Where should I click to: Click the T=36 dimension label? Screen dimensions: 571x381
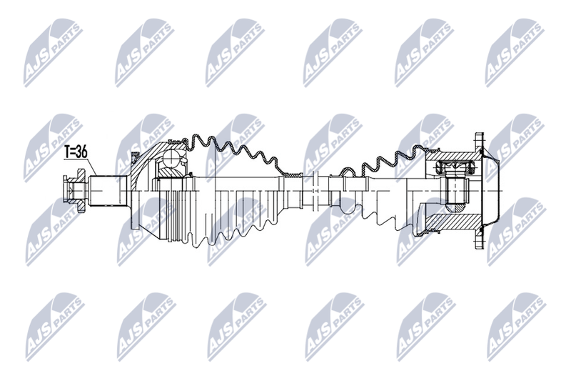(76, 152)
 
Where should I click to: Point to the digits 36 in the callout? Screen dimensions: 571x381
(83, 152)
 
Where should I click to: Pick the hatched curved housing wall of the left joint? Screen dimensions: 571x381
(146, 160)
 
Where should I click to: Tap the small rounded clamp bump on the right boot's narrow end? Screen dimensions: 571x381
(346, 171)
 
